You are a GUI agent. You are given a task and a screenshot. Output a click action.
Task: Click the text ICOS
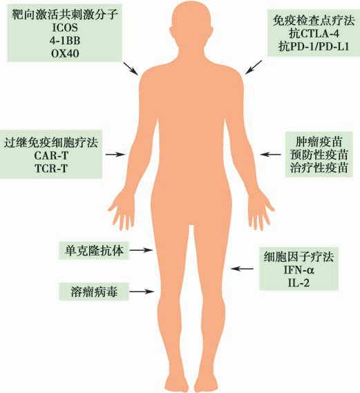tap(65, 28)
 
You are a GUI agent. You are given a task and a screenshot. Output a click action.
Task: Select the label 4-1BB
tap(65, 41)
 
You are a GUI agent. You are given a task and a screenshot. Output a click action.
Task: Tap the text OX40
tap(65, 53)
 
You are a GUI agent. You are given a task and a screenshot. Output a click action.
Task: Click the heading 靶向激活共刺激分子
tap(65, 15)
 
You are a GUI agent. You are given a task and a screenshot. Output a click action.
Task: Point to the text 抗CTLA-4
tap(314, 34)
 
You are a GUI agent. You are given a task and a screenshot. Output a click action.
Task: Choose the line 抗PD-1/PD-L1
tap(314, 46)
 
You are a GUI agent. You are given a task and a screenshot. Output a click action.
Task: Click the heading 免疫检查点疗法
tap(314, 21)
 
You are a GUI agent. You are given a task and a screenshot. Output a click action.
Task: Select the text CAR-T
tap(51, 155)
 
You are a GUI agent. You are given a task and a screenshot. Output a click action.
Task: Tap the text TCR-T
tap(51, 168)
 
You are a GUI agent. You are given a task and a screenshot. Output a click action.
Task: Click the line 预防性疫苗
tap(319, 155)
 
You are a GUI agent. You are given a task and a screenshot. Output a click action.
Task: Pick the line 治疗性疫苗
tap(319, 167)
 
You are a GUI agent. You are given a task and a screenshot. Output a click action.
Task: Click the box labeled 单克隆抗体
tap(94, 250)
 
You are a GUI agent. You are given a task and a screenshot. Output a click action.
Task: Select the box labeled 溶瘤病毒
tap(94, 291)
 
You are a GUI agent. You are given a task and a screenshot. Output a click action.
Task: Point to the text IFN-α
tap(299, 270)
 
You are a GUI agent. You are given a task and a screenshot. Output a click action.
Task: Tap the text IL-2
tap(299, 283)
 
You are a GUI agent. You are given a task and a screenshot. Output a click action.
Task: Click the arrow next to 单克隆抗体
tap(141, 250)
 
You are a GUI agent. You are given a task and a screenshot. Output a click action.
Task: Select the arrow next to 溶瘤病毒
tap(142, 291)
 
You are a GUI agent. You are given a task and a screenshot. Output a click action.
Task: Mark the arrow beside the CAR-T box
tap(115, 155)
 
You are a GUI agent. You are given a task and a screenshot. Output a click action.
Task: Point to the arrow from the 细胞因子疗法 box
tap(242, 269)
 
